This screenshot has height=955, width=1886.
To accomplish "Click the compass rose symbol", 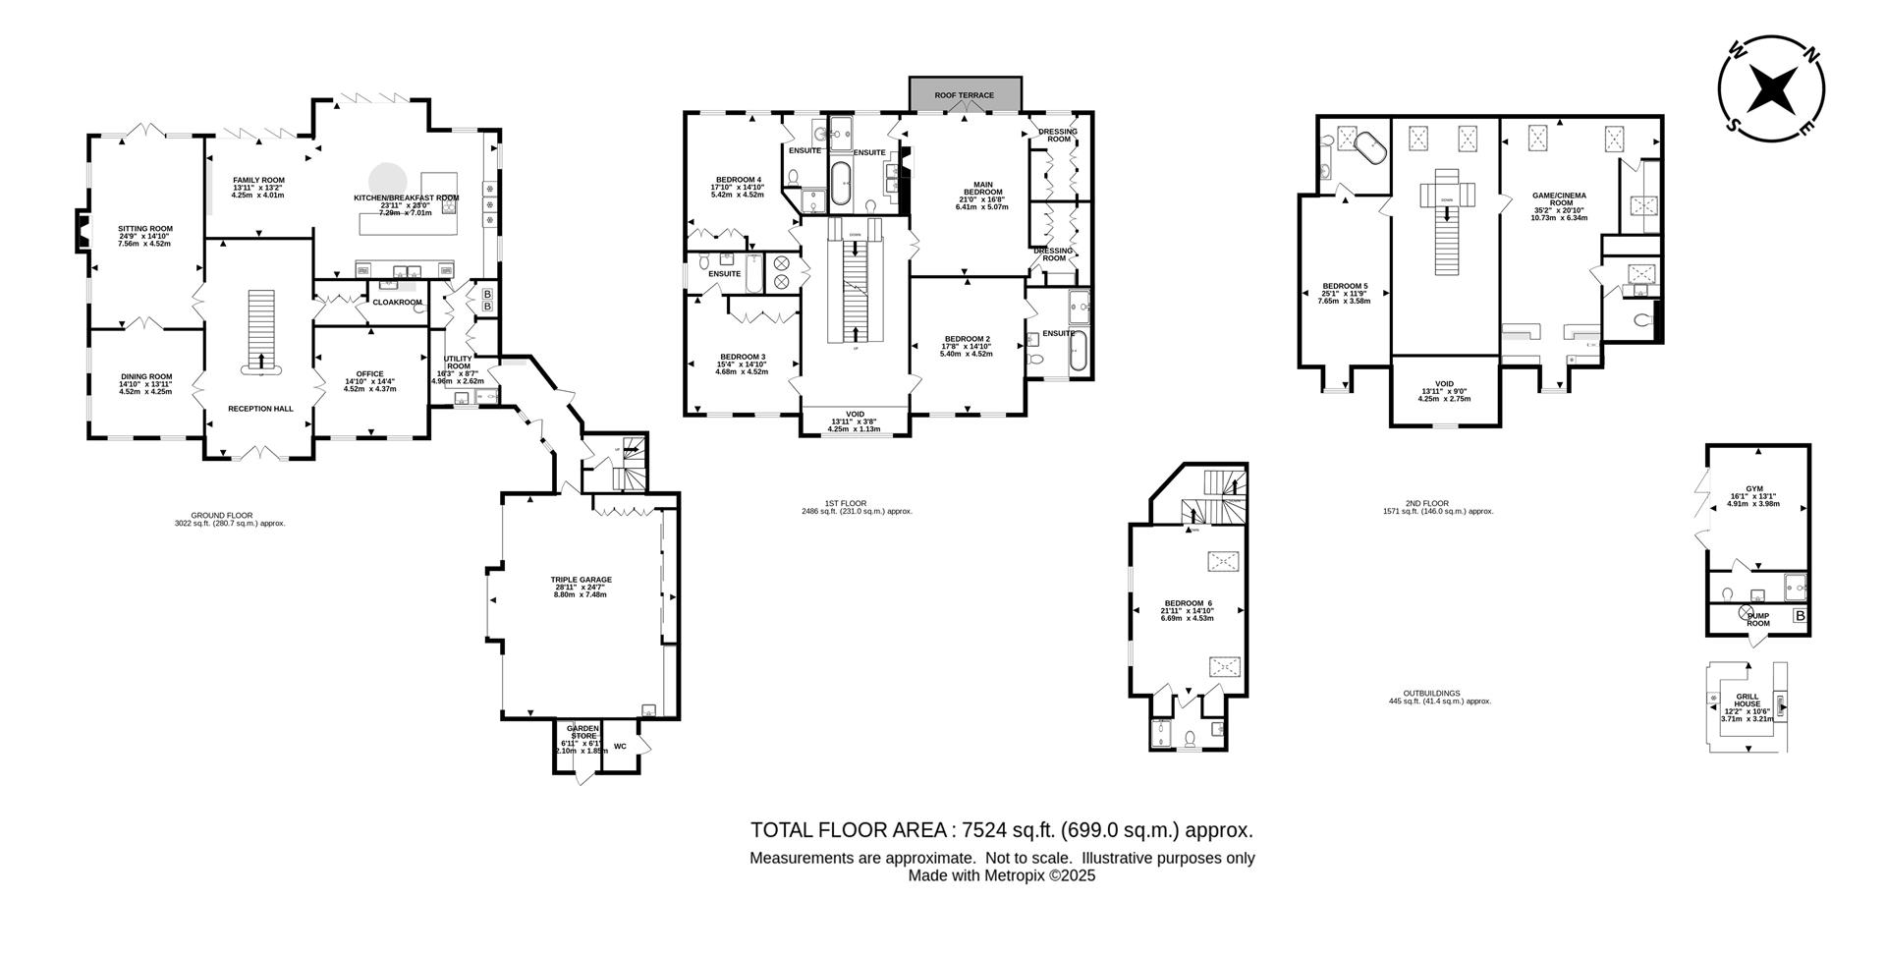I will (x=1771, y=89).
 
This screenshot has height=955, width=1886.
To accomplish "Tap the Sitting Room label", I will (x=144, y=229).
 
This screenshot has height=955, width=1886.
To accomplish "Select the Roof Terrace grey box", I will (x=964, y=94).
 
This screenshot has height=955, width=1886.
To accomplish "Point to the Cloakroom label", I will (x=397, y=303).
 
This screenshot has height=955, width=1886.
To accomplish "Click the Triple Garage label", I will (x=581, y=580).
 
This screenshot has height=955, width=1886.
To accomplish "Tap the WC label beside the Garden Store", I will (x=620, y=747).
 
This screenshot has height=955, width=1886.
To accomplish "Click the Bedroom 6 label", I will (x=1188, y=603).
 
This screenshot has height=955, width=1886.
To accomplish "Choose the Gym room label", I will (x=1753, y=488).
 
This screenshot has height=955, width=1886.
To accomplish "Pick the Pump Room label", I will (x=1757, y=619).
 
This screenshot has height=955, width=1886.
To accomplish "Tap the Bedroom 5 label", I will (x=1344, y=287).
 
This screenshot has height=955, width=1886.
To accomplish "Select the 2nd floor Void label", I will (x=1444, y=384).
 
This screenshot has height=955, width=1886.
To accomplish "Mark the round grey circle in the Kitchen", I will (x=386, y=179).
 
